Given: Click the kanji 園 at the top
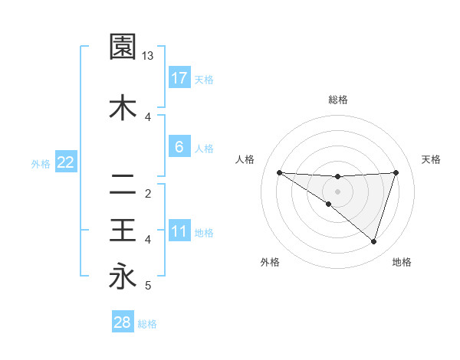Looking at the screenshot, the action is click(123, 47).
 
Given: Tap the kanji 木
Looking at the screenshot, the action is click(123, 108).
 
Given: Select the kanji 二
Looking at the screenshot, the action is click(123, 184).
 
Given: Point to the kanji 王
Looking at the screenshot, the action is click(123, 230).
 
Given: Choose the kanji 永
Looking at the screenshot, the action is click(123, 276).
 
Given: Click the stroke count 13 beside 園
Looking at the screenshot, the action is click(148, 56).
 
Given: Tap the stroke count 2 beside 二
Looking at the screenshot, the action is click(148, 193).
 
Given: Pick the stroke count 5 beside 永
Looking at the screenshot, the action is click(148, 286).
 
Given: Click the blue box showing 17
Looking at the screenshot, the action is click(179, 77).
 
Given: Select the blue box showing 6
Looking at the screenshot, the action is click(179, 146).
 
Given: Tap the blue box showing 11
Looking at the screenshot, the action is click(179, 231).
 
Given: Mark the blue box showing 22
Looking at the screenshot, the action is click(65, 162).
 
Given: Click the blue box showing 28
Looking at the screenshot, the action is click(123, 322).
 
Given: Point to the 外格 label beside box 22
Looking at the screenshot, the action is click(41, 163).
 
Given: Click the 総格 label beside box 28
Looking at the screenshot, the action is click(147, 324).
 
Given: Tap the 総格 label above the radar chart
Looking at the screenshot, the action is click(338, 100).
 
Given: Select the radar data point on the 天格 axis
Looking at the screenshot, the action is click(396, 172).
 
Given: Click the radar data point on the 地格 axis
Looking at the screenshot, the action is click(373, 241).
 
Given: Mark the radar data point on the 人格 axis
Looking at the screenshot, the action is click(279, 172).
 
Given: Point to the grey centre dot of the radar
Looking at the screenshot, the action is click(338, 191).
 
